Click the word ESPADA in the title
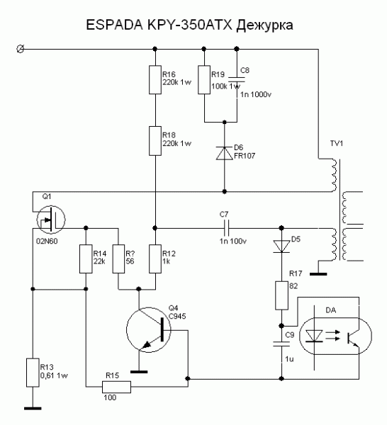tap(114, 25)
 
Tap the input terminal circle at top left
tap(20, 50)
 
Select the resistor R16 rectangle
tap(155, 79)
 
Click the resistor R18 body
tap(155, 141)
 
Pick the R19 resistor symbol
tap(204, 79)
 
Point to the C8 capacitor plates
tap(237, 79)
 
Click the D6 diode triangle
tap(224, 153)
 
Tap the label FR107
tap(245, 156)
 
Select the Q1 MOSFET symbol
tap(51, 220)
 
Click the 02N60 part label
tap(47, 241)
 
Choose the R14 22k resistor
tap(86, 259)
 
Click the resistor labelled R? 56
tap(118, 259)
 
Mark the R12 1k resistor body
tap(155, 259)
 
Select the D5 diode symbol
tap(281, 246)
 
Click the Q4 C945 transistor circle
tap(149, 330)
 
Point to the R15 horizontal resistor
tap(117, 387)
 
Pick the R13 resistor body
tap(33, 373)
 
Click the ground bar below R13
tap(33, 408)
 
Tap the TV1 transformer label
tap(337, 143)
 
